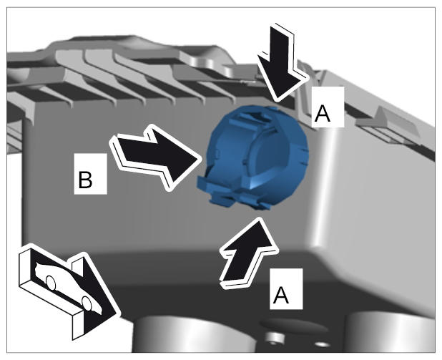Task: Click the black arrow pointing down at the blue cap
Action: coord(282,64)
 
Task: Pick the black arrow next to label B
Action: coord(156,157)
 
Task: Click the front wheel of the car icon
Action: coord(87,303)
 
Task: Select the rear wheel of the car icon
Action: coord(51,283)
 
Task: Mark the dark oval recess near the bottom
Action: coord(293,326)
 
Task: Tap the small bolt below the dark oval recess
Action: coord(274,339)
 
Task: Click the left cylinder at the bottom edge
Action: coord(195,334)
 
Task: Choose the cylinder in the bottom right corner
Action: coord(392,333)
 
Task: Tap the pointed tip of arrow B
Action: coord(201,161)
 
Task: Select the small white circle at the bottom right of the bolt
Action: coord(322,345)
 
